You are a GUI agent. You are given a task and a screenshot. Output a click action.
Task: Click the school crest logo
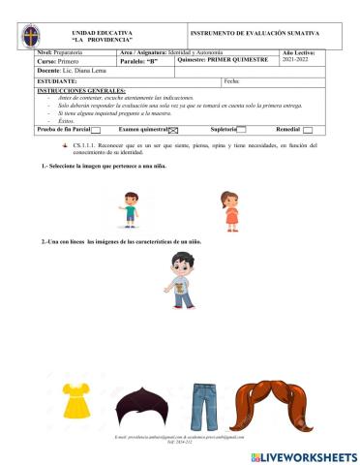tap(33, 38)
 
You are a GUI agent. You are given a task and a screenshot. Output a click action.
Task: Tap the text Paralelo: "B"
tap(140, 61)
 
